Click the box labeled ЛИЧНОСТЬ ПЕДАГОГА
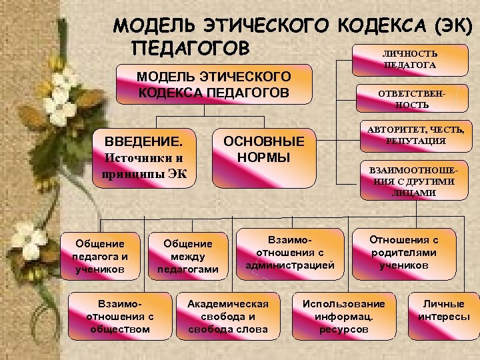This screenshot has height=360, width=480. point(409,60)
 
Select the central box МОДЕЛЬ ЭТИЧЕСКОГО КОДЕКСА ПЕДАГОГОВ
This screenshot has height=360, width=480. point(214,84)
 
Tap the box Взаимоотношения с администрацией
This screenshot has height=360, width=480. point(289,253)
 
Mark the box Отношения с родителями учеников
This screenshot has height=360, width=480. point(404,253)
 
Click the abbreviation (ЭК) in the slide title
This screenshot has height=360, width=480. point(451,26)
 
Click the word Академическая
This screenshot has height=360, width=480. point(227,304)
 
